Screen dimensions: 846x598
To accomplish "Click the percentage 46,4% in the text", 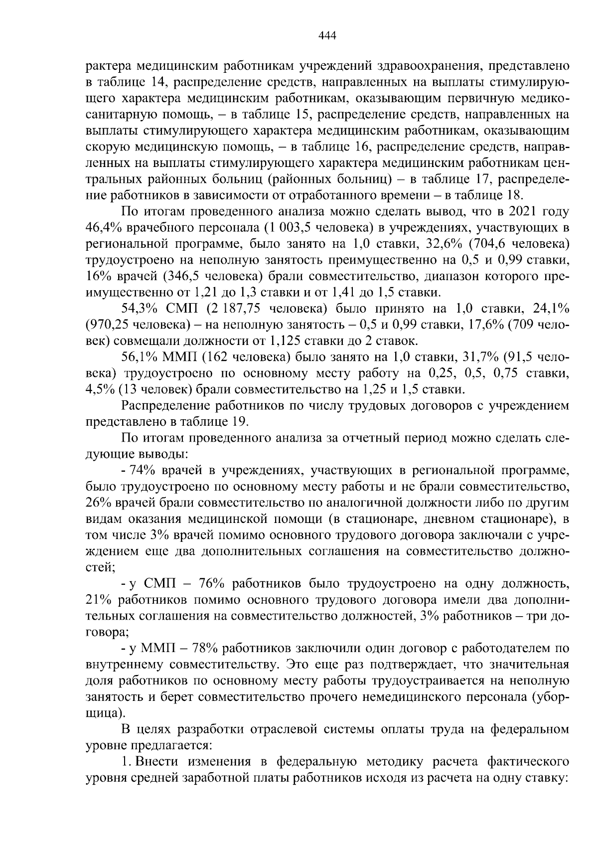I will coord(104,228).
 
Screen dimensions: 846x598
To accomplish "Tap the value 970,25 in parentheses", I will coord(108,325).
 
